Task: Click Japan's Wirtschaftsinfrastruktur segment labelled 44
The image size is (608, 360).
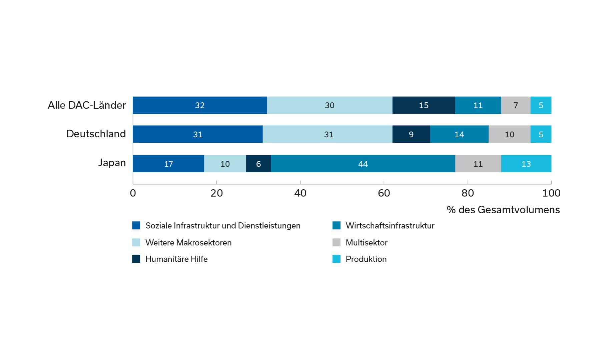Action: pyautogui.click(x=363, y=164)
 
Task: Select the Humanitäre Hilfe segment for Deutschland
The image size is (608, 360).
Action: pyautogui.click(x=411, y=134)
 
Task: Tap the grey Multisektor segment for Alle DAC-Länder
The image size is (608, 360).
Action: pyautogui.click(x=516, y=105)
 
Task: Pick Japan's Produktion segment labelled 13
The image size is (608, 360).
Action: pyautogui.click(x=526, y=164)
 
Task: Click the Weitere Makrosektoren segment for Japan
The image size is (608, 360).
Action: pyautogui.click(x=225, y=164)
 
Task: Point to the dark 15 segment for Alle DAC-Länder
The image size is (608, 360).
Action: pyautogui.click(x=424, y=105)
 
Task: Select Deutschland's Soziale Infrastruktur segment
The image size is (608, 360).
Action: pyautogui.click(x=197, y=134)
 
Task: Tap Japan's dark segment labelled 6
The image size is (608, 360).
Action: pyautogui.click(x=258, y=164)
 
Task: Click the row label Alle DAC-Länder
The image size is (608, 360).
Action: pyautogui.click(x=87, y=105)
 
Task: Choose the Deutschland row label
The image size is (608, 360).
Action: pyautogui.click(x=96, y=134)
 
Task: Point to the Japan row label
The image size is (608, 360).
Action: pyautogui.click(x=112, y=163)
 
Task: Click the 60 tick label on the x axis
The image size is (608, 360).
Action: pyautogui.click(x=384, y=193)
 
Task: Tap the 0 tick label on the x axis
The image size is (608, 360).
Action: pyautogui.click(x=133, y=193)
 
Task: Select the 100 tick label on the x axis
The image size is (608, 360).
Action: pyautogui.click(x=551, y=193)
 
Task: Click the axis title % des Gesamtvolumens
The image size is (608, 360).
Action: pyautogui.click(x=503, y=210)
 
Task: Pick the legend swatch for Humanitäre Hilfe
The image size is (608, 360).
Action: pyautogui.click(x=136, y=259)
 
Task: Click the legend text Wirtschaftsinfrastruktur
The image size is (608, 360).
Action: pyautogui.click(x=390, y=226)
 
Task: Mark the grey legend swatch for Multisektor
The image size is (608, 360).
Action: pyautogui.click(x=337, y=243)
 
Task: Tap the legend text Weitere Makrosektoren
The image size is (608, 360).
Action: pyautogui.click(x=188, y=243)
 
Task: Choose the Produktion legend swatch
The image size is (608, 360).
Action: pyautogui.click(x=337, y=259)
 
